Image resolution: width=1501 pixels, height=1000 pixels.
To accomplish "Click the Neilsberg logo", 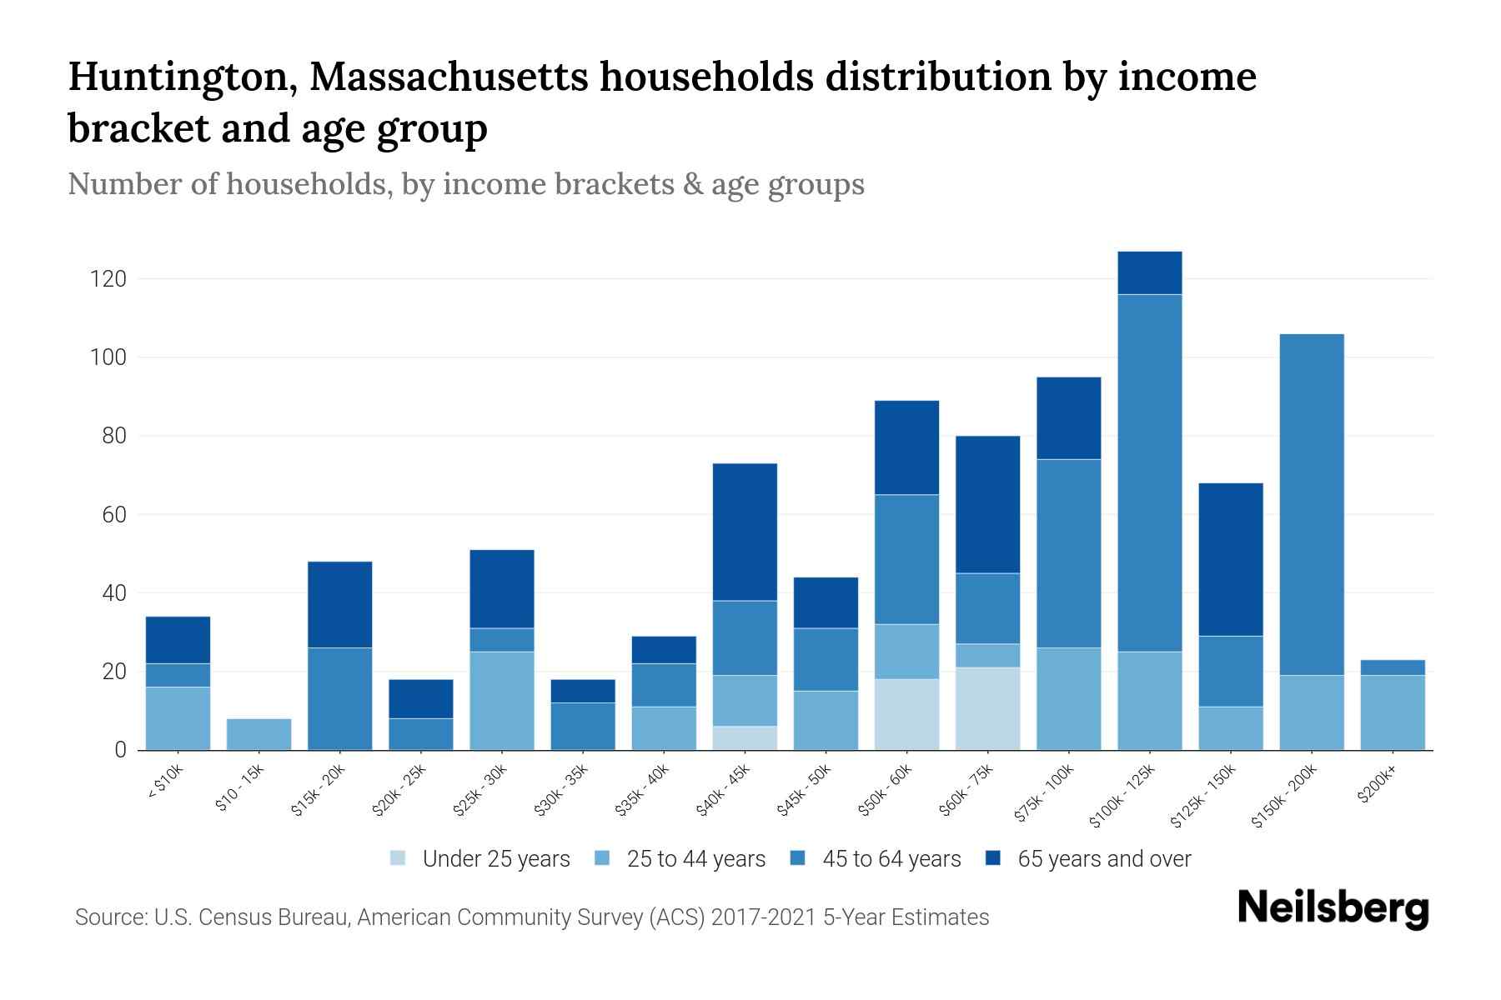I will [x=1333, y=908].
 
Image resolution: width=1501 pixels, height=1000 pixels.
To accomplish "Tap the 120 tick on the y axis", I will [x=108, y=278].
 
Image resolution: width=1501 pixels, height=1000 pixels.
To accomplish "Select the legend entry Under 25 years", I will [x=495, y=858].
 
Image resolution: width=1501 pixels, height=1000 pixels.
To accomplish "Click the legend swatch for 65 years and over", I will [x=994, y=858].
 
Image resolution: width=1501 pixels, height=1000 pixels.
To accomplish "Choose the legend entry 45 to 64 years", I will [x=891, y=858].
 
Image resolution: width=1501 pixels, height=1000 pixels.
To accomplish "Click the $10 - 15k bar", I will [x=259, y=734].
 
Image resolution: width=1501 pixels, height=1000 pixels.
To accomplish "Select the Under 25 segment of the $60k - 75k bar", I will [x=987, y=708].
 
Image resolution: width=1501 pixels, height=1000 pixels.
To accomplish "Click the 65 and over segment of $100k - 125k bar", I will [x=1149, y=272].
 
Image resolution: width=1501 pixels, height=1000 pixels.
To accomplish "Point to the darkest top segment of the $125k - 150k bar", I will [x=1230, y=559].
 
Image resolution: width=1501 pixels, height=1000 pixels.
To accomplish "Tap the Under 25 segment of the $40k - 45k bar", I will [x=745, y=737].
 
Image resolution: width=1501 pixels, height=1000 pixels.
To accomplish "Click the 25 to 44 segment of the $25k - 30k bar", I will [x=501, y=700].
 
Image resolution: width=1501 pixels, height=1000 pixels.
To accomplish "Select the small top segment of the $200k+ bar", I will [x=1392, y=667].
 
